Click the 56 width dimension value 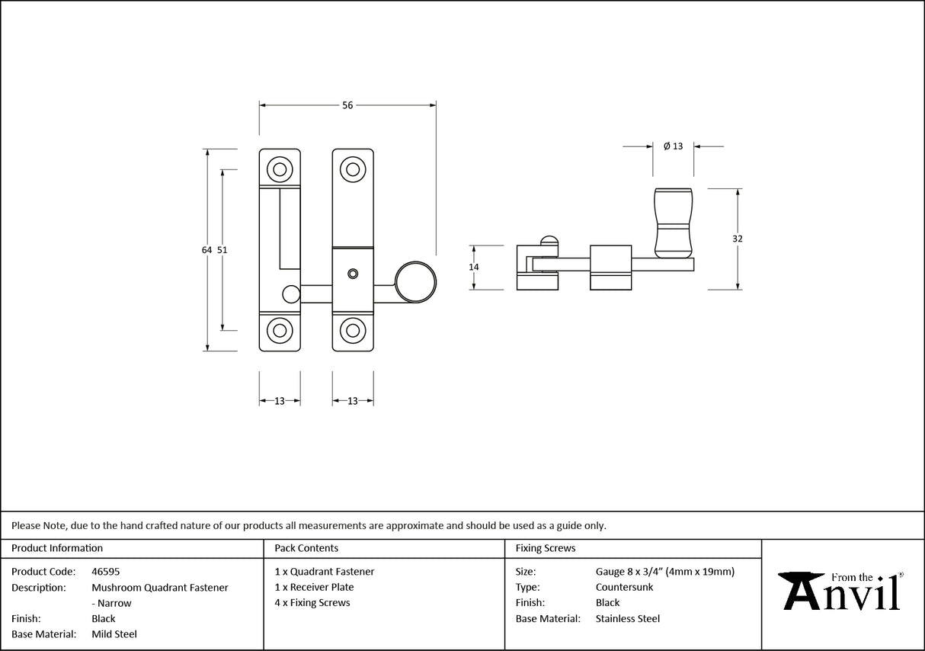click(x=347, y=106)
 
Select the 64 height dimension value click(x=206, y=249)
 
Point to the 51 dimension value click(x=222, y=249)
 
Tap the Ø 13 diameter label click(x=673, y=146)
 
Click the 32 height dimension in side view click(x=737, y=239)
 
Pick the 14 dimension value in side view click(x=474, y=267)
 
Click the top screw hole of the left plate click(x=280, y=169)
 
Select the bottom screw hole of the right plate click(x=352, y=330)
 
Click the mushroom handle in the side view click(x=674, y=222)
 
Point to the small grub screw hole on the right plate click(x=352, y=273)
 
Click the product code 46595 click(x=105, y=572)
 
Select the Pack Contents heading click(x=306, y=548)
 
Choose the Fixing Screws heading click(x=546, y=548)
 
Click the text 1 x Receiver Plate click(x=314, y=587)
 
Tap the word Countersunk click(x=624, y=587)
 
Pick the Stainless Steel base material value click(x=627, y=619)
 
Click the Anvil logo click(x=843, y=591)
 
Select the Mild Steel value click(x=114, y=634)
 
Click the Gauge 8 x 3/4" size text click(x=664, y=572)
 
